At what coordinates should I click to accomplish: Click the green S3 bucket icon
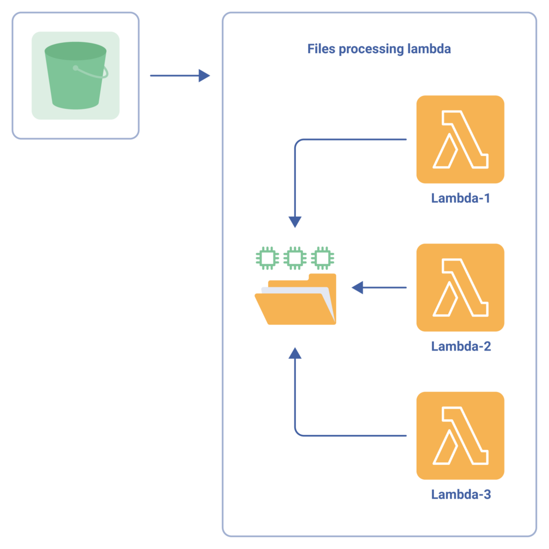76,76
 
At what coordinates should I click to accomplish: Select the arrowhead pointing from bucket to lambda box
204,76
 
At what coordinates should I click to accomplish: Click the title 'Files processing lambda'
379,49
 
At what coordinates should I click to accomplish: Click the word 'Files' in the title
321,49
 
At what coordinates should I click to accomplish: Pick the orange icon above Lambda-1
460,139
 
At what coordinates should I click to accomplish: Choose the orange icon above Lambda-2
460,287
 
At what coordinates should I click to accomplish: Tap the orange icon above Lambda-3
460,435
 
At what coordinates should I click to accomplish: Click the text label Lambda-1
461,198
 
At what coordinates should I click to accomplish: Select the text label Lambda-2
461,346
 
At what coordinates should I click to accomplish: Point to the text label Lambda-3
461,494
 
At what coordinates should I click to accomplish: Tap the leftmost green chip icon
266,258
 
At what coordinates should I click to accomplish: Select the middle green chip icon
294,258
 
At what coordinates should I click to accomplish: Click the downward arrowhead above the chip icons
295,222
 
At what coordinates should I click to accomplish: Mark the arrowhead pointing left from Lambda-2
358,288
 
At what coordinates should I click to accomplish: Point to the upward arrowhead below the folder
295,353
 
